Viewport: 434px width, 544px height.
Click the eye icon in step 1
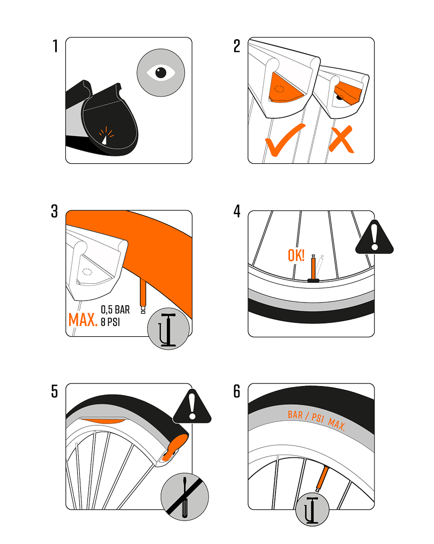pos(161,73)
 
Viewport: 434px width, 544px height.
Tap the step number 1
pos(55,46)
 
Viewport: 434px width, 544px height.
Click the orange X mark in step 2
pos(341,140)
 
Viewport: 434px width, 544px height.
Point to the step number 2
pos(237,46)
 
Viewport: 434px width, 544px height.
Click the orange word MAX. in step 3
pos(83,320)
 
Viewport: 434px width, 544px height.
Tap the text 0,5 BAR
pos(115,309)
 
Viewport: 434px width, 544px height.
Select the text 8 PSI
pos(110,322)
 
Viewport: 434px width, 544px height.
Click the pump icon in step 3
pos(168,329)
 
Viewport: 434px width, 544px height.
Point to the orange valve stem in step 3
pos(143,295)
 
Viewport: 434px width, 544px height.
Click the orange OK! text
pos(296,255)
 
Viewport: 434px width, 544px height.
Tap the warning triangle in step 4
pos(375,237)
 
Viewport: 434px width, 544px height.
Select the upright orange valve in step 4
pos(313,268)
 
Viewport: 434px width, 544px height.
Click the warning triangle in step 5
pos(192,406)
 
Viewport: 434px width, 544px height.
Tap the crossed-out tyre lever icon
pos(185,497)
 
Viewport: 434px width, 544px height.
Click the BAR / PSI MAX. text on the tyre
pos(316,419)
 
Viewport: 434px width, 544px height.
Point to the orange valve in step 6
pos(322,479)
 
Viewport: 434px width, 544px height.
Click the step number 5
pos(55,391)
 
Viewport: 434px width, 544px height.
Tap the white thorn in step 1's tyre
pos(104,139)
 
